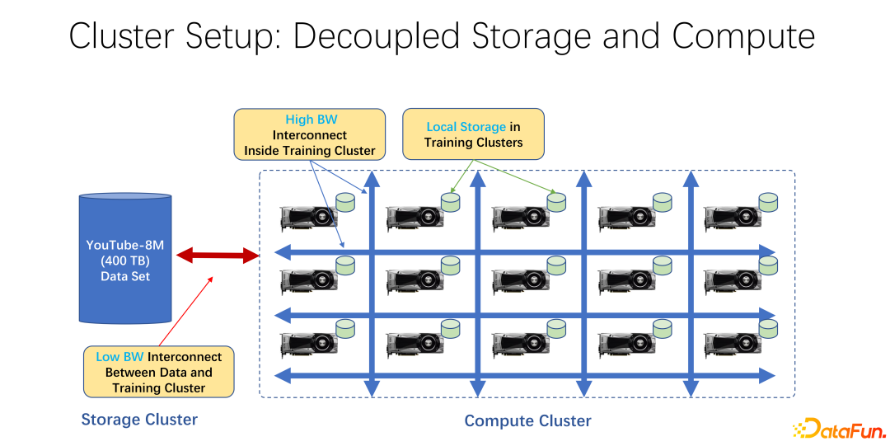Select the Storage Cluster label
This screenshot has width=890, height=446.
[x=139, y=420]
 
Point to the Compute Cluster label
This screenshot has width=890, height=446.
[x=527, y=421]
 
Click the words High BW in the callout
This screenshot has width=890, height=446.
[x=311, y=120]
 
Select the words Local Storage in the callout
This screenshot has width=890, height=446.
[x=466, y=127]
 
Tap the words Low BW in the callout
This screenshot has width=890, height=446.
[x=119, y=357]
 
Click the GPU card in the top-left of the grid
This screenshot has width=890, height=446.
[x=309, y=218]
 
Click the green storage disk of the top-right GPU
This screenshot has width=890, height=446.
[x=768, y=201]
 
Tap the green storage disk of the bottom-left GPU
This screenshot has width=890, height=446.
[x=344, y=329]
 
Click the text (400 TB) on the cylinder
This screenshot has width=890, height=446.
[x=125, y=261]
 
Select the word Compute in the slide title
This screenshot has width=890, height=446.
[x=743, y=36]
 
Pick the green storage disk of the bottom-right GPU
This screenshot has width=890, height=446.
[x=768, y=329]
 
